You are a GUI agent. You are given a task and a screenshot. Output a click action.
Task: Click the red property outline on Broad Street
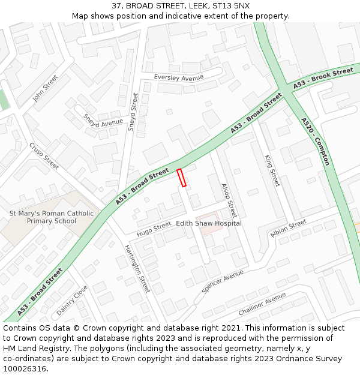pyautogui.click(x=181, y=178)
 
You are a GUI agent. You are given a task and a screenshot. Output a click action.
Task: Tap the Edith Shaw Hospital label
pyautogui.click(x=209, y=223)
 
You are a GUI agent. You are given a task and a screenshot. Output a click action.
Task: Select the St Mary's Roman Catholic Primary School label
pyautogui.click(x=52, y=217)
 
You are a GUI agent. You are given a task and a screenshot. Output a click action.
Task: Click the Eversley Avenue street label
pyautogui.click(x=179, y=77)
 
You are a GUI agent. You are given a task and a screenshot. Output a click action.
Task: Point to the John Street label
pyautogui.click(x=45, y=88)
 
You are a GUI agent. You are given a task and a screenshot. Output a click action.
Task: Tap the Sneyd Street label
pyautogui.click(x=133, y=112)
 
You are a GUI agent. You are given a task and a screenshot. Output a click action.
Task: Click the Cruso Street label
pyautogui.click(x=44, y=156)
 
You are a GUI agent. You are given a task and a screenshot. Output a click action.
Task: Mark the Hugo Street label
pyautogui.click(x=154, y=228)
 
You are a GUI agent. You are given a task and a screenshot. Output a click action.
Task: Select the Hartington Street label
pyautogui.click(x=137, y=269)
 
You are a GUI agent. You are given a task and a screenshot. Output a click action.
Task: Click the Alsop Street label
pyautogui.click(x=229, y=200)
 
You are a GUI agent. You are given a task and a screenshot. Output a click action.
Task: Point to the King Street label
pyautogui.click(x=272, y=170)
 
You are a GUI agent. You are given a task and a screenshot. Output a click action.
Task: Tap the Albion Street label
pyautogui.click(x=289, y=229)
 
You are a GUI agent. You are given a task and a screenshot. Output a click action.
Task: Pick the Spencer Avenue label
pyautogui.click(x=223, y=281)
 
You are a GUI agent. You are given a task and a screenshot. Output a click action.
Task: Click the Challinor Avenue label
pyautogui.click(x=262, y=304)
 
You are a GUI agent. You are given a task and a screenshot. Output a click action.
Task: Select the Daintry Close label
pyautogui.click(x=72, y=301)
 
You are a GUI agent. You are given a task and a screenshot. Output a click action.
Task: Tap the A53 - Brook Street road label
pyautogui.click(x=323, y=80)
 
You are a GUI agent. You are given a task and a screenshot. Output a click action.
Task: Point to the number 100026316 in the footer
pyautogui.click(x=24, y=368)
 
